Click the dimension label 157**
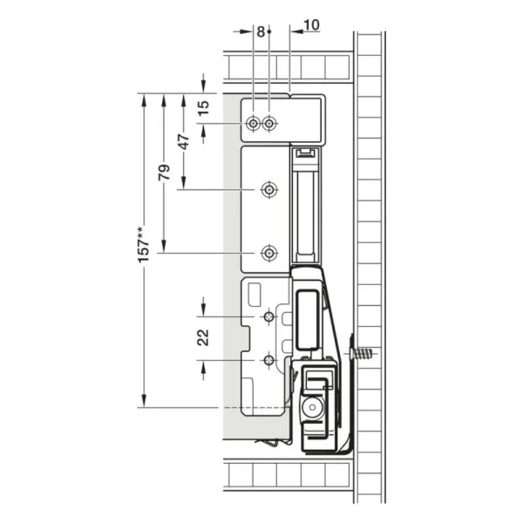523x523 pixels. pos(144,245)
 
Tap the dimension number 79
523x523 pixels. pos(164,173)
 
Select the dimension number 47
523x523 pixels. pos(184,141)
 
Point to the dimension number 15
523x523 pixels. pos(203,108)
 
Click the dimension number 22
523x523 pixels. pos(203,337)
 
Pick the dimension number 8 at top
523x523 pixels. pos(261,31)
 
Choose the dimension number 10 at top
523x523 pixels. pos(311,24)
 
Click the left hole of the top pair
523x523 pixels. pos(253,124)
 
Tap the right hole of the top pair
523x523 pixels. pos(269,124)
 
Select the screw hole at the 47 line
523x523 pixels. pos(269,190)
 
